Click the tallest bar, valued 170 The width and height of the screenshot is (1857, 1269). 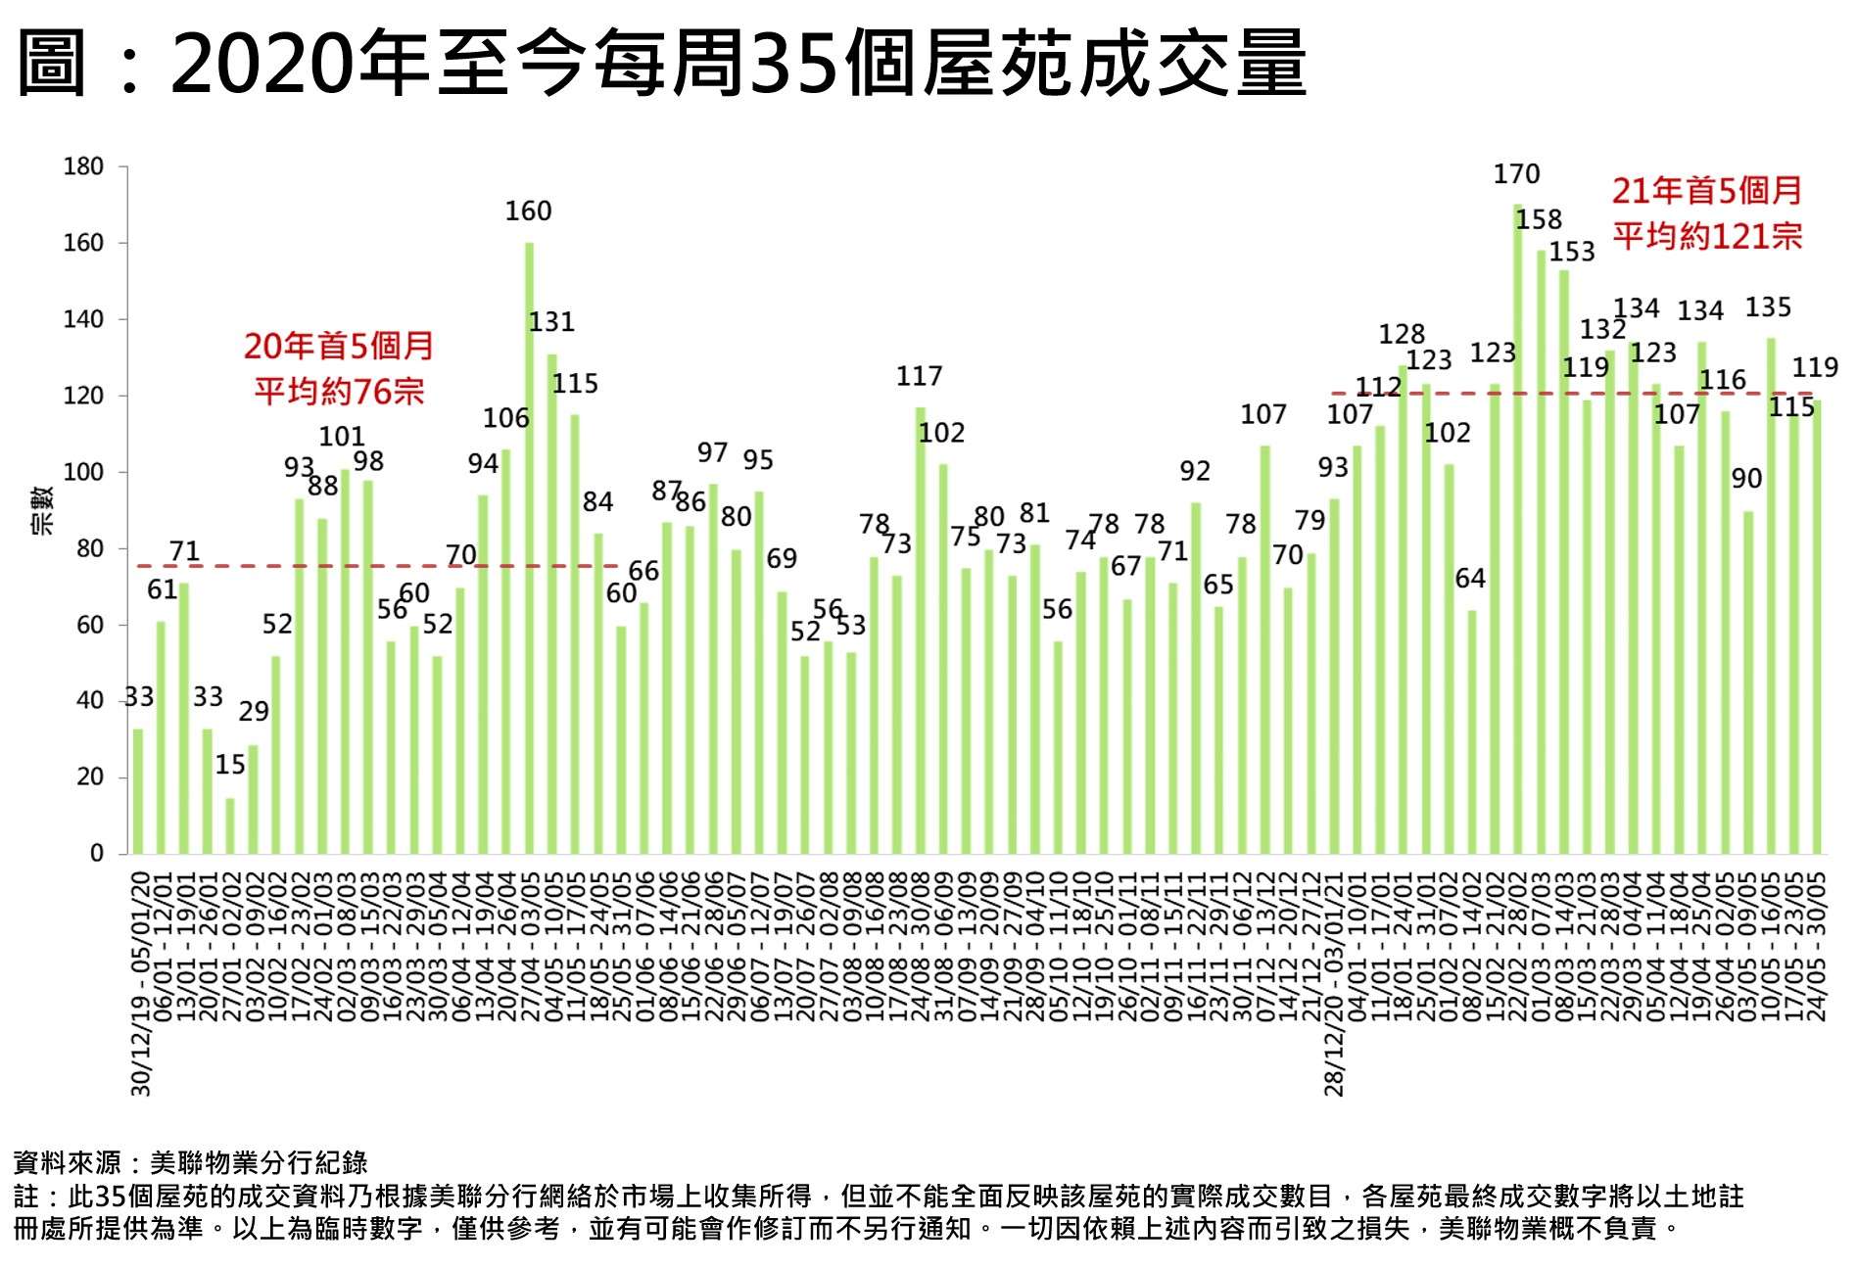pyautogui.click(x=1518, y=529)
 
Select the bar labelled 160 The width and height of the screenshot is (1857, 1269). pyautogui.click(x=530, y=548)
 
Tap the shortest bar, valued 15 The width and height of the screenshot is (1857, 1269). pyautogui.click(x=230, y=825)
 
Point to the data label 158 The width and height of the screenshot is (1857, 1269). pyautogui.click(x=1539, y=220)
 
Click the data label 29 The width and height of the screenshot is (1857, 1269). pyautogui.click(x=254, y=712)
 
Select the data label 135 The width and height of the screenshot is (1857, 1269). pyautogui.click(x=1768, y=307)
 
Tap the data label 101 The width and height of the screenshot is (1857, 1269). pyautogui.click(x=342, y=437)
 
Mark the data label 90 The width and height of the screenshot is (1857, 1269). pyautogui.click(x=1746, y=479)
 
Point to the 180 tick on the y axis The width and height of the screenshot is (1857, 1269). pyautogui.click(x=83, y=167)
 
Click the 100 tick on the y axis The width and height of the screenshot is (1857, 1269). pyautogui.click(x=83, y=473)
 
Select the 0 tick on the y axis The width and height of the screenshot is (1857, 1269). pyautogui.click(x=96, y=854)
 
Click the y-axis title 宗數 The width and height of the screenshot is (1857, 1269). pyautogui.click(x=42, y=510)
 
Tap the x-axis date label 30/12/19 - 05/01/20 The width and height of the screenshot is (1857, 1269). pyautogui.click(x=141, y=983)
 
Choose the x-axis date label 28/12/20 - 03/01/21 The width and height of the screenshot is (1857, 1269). pyautogui.click(x=1335, y=983)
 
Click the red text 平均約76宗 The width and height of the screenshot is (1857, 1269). pyautogui.click(x=339, y=392)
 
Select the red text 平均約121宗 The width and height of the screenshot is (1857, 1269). pyautogui.click(x=1707, y=236)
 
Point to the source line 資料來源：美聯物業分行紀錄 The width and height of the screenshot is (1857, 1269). pyautogui.click(x=190, y=1163)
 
